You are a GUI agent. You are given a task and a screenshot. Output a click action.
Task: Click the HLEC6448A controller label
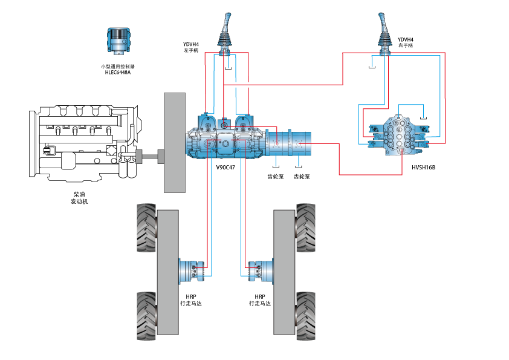[x=117, y=73]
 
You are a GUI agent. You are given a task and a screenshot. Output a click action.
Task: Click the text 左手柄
[x=191, y=50]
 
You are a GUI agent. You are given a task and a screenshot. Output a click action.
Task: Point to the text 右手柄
[x=406, y=46]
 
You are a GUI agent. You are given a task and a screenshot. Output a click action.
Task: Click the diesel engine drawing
[x=85, y=142]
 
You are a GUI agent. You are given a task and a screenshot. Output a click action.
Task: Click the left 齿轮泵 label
[x=276, y=177]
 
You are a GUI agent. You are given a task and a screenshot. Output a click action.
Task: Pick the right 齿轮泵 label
[x=302, y=177]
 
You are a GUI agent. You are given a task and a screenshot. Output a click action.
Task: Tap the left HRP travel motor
[x=192, y=270]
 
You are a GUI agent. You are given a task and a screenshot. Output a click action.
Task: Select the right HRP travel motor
[x=260, y=270]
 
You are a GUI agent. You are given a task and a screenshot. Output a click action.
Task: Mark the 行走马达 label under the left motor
[x=191, y=303]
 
